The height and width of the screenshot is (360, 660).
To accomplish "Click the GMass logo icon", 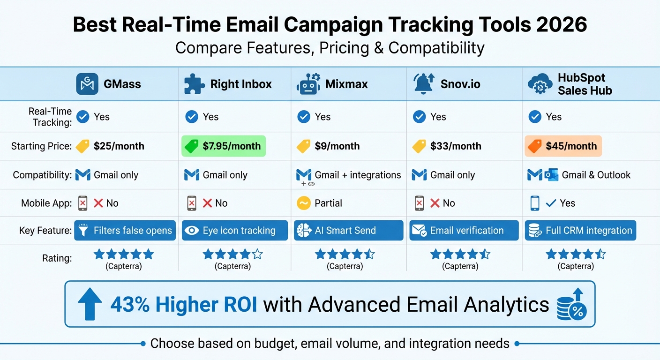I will pyautogui.click(x=87, y=84).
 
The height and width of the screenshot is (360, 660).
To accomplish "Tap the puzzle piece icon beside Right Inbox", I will pyautogui.click(x=195, y=84).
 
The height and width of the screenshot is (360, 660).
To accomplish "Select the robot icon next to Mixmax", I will pyautogui.click(x=308, y=84).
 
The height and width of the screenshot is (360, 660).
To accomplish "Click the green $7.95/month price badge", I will pyautogui.click(x=224, y=146).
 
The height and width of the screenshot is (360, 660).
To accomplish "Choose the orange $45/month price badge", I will pyautogui.click(x=563, y=146).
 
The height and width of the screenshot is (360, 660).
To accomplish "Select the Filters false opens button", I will pyautogui.click(x=125, y=231).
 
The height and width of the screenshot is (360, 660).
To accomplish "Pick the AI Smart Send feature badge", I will pyautogui.click(x=348, y=231).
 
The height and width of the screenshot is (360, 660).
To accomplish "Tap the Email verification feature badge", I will pyautogui.click(x=464, y=231).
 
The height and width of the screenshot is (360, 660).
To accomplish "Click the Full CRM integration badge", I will pyautogui.click(x=580, y=231).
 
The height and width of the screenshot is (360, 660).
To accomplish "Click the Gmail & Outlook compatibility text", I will pyautogui.click(x=596, y=175).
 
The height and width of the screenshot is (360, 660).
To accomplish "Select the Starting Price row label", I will pyautogui.click(x=41, y=146).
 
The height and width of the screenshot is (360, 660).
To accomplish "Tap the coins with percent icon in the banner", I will pyautogui.click(x=571, y=305).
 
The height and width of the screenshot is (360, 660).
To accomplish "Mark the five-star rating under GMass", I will pyautogui.click(x=124, y=255).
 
